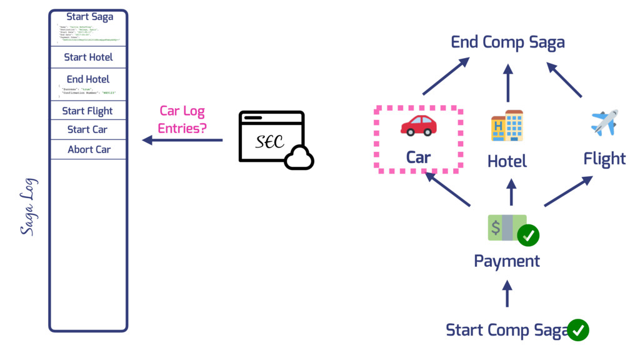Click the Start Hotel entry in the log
[88, 57]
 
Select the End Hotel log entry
[88, 79]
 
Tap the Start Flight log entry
[87, 111]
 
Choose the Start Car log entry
[87, 130]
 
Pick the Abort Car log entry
[89, 150]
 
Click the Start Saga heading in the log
[90, 17]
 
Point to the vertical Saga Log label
[29, 207]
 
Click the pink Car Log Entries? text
[182, 119]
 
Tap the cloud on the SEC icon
[298, 159]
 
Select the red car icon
[418, 124]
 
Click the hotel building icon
[507, 126]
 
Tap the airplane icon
[604, 122]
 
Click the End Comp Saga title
[507, 42]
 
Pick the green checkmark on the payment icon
[529, 235]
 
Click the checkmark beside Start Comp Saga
[577, 329]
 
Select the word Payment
[507, 261]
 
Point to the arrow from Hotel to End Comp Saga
[507, 82]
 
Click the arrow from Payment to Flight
[568, 191]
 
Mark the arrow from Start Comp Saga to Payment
[507, 293]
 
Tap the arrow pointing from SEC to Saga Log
[182, 141]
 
